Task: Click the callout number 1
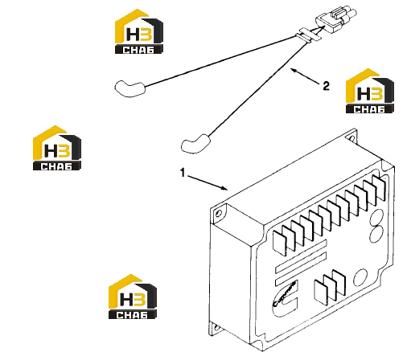pyautogui.click(x=183, y=173)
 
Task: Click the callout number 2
pyautogui.click(x=326, y=86)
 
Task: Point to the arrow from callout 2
pyautogui.click(x=306, y=76)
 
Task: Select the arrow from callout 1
pyautogui.click(x=208, y=182)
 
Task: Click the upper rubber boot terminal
pyautogui.click(x=130, y=88)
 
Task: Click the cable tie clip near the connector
pyautogui.click(x=308, y=35)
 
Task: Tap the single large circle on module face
pyautogui.click(x=360, y=277)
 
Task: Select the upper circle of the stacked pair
pyautogui.click(x=376, y=216)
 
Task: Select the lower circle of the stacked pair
pyautogui.click(x=376, y=234)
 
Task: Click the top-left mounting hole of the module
pyautogui.click(x=218, y=214)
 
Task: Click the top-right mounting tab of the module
pyautogui.click(x=351, y=136)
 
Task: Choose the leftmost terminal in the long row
pyautogui.click(x=279, y=241)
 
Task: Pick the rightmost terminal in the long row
pyautogui.click(x=380, y=188)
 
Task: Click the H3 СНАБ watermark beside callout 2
pyautogui.click(x=370, y=91)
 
